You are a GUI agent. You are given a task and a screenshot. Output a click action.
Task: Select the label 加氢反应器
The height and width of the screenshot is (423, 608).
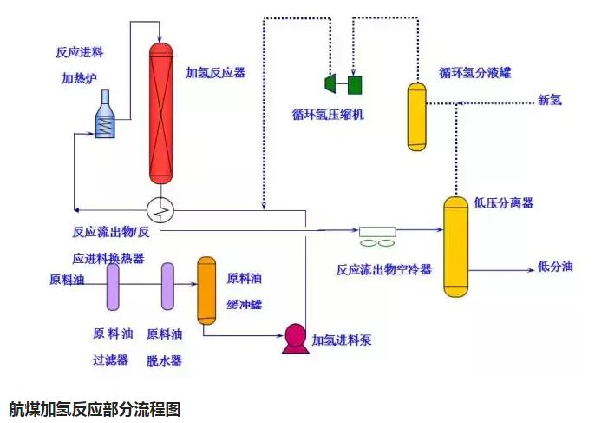pos(216,73)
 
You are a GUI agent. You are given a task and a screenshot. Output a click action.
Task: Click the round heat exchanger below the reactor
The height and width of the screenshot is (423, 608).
pos(161,208)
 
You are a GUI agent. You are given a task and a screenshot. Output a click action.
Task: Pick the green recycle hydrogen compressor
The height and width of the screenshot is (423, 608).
pos(343,83)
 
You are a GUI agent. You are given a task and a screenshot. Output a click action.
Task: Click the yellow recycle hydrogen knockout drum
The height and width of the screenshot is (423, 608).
pos(418,116)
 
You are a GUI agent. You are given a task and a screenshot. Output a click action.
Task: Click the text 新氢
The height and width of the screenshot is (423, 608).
pos(550,100)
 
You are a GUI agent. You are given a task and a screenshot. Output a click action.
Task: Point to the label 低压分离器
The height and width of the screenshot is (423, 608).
pos(504,203)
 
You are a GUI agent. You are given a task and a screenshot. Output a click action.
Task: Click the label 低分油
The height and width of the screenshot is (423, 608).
pos(555,267)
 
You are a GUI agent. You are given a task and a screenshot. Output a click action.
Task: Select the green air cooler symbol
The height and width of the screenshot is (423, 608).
pos(378,234)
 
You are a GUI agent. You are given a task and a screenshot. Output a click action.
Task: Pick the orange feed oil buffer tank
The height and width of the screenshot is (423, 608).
pos(206,290)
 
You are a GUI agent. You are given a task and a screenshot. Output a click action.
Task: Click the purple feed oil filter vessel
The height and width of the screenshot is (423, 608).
pos(113,288)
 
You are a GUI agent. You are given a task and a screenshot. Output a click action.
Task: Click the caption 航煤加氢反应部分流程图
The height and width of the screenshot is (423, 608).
pos(95,408)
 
